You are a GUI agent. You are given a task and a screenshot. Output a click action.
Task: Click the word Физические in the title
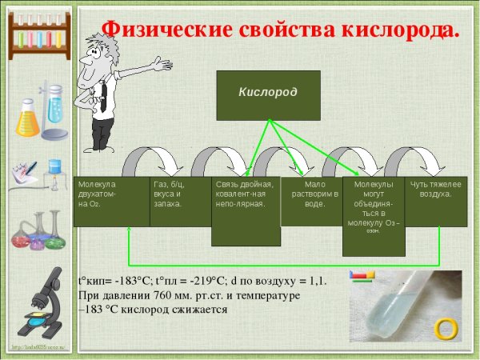tap(167, 30)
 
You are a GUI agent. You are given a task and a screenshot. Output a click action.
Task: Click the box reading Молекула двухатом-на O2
tap(111, 201)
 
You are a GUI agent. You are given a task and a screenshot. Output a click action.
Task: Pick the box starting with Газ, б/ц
tap(171, 201)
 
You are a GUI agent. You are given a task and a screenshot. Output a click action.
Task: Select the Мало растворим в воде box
tap(310, 201)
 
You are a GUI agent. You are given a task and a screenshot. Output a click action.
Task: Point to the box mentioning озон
tap(373, 215)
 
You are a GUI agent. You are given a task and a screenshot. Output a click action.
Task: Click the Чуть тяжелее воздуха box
tap(435, 201)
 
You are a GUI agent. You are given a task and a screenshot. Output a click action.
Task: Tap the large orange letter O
tap(445, 328)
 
